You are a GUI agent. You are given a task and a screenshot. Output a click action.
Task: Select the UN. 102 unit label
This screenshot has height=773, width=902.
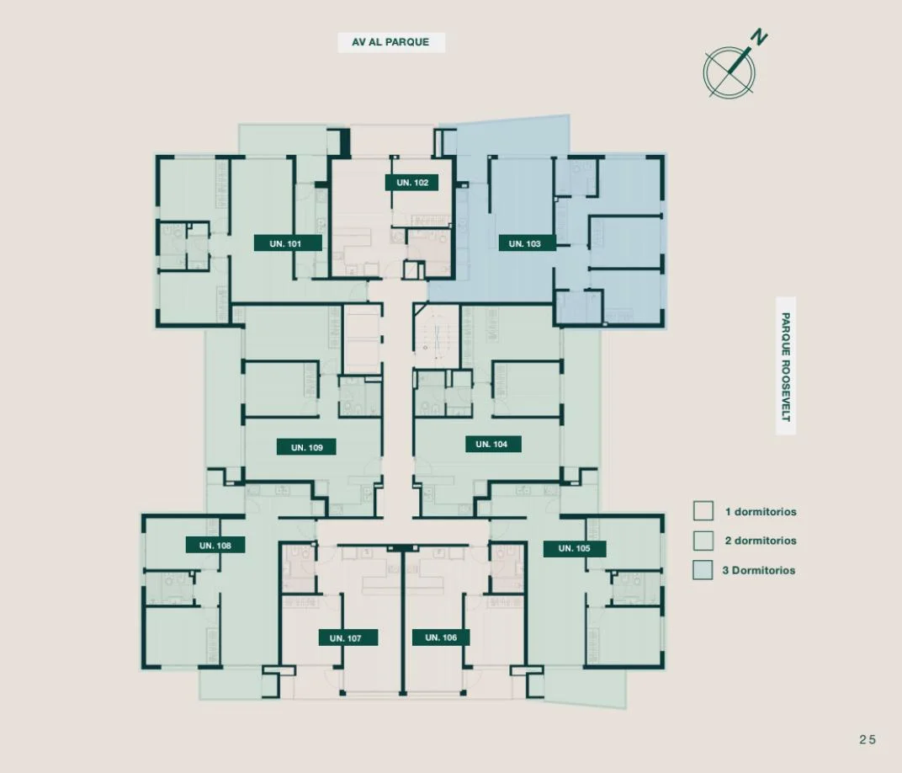(x=412, y=183)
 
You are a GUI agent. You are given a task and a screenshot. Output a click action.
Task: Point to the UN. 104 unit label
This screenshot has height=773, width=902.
(x=493, y=444)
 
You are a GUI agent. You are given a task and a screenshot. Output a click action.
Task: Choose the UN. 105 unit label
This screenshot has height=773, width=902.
(x=575, y=548)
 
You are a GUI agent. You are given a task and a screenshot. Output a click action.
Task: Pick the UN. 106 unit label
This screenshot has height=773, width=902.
(x=441, y=637)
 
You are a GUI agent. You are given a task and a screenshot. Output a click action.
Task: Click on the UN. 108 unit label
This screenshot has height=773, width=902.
(x=215, y=545)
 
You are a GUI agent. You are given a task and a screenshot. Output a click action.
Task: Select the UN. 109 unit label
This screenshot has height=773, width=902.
(x=306, y=447)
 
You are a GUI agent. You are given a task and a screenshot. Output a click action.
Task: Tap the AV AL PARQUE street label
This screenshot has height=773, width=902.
(x=391, y=42)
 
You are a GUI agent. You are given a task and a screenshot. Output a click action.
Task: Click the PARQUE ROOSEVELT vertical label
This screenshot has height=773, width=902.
(x=786, y=366)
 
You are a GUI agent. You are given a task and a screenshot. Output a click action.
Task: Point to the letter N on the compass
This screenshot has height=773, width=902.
(x=759, y=39)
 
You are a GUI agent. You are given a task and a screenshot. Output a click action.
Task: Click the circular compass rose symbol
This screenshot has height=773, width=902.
(x=729, y=72)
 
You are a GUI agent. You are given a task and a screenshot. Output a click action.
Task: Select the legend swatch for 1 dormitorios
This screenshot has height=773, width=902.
(x=703, y=510)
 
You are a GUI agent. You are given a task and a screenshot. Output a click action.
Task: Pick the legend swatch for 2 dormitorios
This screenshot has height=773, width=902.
(x=703, y=541)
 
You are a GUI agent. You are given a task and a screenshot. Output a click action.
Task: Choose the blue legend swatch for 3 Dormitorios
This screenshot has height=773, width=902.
(x=703, y=570)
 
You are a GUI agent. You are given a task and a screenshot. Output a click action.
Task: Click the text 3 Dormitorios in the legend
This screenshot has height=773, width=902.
(x=759, y=570)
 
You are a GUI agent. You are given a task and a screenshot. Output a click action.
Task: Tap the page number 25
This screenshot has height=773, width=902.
(x=868, y=739)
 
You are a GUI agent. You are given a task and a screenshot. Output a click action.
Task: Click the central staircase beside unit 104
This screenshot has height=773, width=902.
(x=438, y=337)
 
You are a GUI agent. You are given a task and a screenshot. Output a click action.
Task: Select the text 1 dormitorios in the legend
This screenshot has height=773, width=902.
(x=761, y=512)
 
